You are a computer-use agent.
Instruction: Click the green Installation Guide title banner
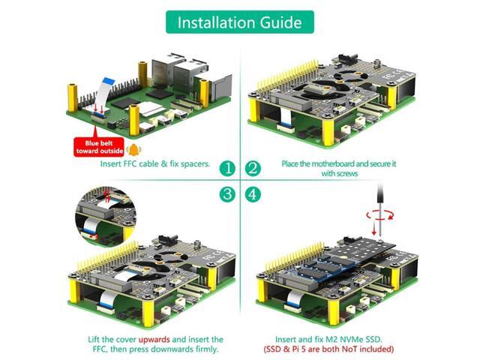239,22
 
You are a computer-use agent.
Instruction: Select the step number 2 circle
253,167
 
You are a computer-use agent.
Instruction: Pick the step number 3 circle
227,193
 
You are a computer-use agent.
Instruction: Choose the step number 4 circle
253,193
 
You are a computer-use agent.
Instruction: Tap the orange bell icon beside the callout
134,149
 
